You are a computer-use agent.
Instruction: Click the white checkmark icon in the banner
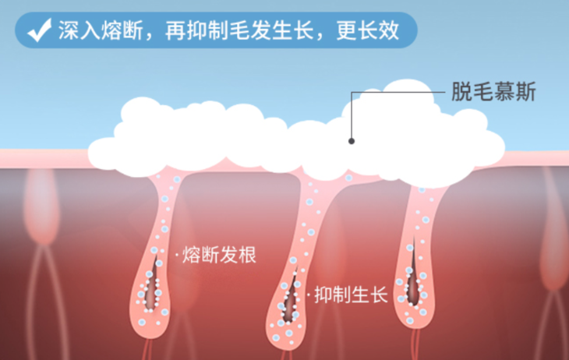tap(38, 31)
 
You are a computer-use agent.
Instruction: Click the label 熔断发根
tap(219, 254)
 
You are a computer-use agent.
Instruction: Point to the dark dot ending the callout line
tap(352, 141)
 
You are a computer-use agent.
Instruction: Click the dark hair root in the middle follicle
tap(292, 292)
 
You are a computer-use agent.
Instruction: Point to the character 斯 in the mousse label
tap(526, 92)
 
